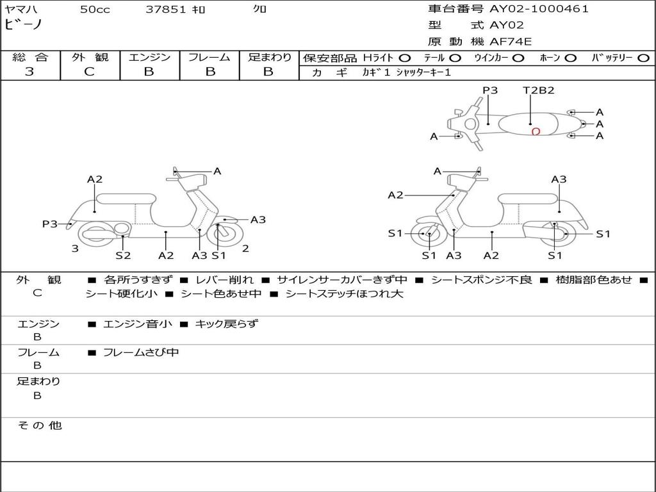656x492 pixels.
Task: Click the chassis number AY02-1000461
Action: click(539, 9)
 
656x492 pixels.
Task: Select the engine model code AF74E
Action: click(511, 42)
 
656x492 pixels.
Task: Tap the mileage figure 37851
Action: click(166, 10)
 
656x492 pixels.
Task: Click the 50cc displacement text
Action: click(95, 10)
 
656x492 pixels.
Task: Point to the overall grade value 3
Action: click(29, 72)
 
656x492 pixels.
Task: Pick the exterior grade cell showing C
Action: click(90, 72)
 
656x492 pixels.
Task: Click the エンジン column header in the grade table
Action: click(149, 58)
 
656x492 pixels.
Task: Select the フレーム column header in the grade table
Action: click(209, 58)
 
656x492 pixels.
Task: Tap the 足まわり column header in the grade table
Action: click(269, 58)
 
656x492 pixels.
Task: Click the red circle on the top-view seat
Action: click(536, 132)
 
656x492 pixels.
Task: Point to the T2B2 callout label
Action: click(538, 90)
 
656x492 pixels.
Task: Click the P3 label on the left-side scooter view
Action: click(50, 224)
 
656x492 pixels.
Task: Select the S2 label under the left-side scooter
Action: click(123, 255)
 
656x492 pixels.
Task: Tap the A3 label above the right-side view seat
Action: click(559, 179)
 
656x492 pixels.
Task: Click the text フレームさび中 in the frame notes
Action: click(141, 352)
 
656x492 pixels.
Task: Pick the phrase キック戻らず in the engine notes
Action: click(226, 324)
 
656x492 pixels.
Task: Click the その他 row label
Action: click(39, 425)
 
